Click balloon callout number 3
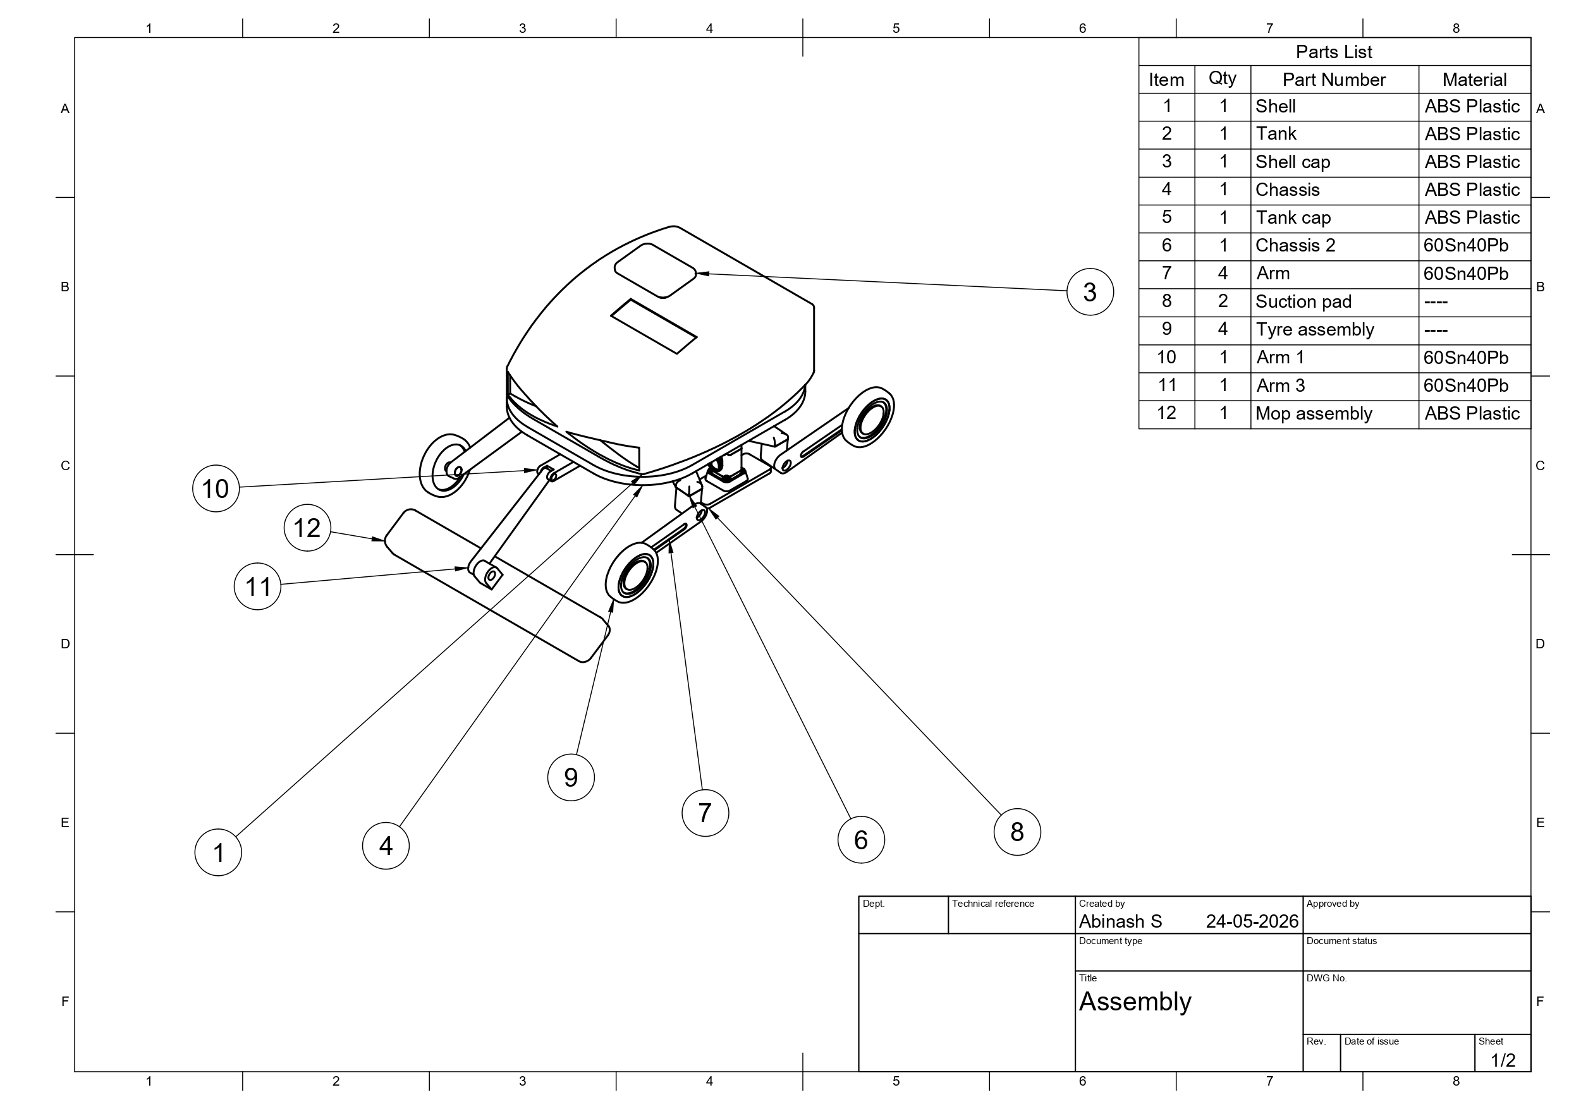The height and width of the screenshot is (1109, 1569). (x=1090, y=292)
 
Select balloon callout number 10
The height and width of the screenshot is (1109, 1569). (x=216, y=488)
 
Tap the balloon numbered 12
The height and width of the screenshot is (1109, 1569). (x=307, y=528)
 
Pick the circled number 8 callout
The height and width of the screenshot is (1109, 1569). (x=1017, y=832)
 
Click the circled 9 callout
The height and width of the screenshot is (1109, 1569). (x=571, y=778)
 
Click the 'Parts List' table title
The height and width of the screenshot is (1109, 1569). (x=1334, y=52)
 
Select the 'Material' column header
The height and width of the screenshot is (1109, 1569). (x=1474, y=80)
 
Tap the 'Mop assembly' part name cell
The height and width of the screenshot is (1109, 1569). (x=1314, y=414)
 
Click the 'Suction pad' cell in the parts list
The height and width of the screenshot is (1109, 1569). (x=1303, y=302)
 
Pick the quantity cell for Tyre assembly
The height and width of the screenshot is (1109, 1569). (x=1223, y=329)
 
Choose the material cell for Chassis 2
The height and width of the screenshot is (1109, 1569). (x=1466, y=245)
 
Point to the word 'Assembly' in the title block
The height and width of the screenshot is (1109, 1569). (x=1135, y=1002)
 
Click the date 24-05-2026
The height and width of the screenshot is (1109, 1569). (x=1252, y=922)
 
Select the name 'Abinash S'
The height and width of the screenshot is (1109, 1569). (x=1120, y=922)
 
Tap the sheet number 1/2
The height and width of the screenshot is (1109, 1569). (x=1503, y=1060)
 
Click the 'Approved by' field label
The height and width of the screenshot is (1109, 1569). (x=1333, y=904)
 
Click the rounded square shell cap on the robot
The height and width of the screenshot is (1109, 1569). (x=655, y=270)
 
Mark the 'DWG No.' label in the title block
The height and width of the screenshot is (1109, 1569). (x=1326, y=978)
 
